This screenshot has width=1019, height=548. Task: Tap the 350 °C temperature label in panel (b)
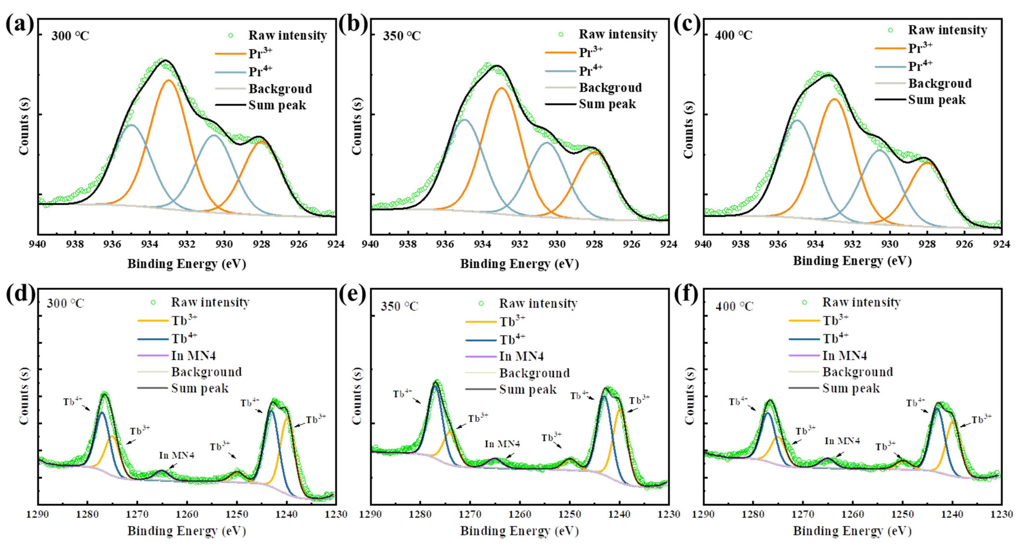click(x=402, y=36)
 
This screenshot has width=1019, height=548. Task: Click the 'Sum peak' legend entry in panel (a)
click(x=277, y=105)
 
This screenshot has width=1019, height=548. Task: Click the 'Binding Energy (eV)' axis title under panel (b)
click(x=519, y=264)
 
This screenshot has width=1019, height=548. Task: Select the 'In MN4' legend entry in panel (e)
click(x=521, y=356)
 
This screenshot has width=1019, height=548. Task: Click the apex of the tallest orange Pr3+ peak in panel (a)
click(x=169, y=80)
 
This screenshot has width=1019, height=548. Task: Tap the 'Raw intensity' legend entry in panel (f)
click(x=861, y=302)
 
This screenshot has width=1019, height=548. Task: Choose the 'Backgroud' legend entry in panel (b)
click(x=610, y=88)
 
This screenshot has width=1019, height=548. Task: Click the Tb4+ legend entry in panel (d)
click(x=184, y=338)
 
